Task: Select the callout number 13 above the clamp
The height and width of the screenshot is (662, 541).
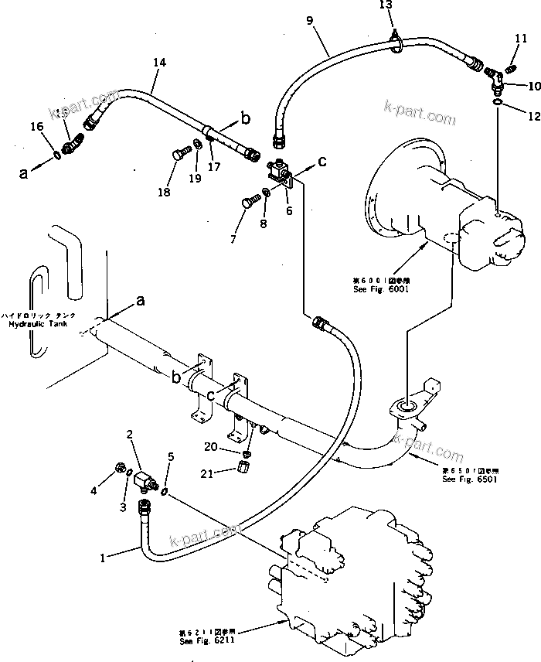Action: [386, 5]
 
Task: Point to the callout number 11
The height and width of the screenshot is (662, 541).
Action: [521, 39]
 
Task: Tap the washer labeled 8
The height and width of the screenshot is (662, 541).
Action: [267, 193]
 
